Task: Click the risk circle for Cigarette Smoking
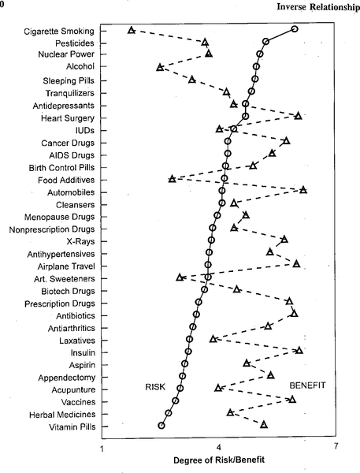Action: pyautogui.click(x=295, y=29)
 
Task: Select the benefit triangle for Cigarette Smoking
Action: pyautogui.click(x=131, y=30)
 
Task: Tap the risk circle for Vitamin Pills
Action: pyautogui.click(x=161, y=426)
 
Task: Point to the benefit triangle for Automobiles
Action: pyautogui.click(x=303, y=190)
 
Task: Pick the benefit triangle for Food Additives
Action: pyautogui.click(x=172, y=179)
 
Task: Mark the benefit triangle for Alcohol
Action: pyautogui.click(x=160, y=67)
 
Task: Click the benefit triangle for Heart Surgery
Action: pyautogui.click(x=299, y=116)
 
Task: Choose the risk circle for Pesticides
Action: pyautogui.click(x=265, y=41)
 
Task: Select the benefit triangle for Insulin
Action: pyautogui.click(x=299, y=350)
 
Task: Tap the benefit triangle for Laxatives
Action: pyautogui.click(x=213, y=339)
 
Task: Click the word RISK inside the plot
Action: pyautogui.click(x=155, y=387)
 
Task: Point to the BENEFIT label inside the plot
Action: pyautogui.click(x=307, y=385)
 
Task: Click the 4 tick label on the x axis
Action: pyautogui.click(x=218, y=446)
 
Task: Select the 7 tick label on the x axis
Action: pyautogui.click(x=336, y=446)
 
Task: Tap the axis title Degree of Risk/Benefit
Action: pyautogui.click(x=219, y=460)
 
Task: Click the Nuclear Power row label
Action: pyautogui.click(x=66, y=54)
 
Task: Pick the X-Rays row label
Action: pyautogui.click(x=80, y=241)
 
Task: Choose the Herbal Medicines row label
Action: pyautogui.click(x=62, y=415)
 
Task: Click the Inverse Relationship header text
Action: pyautogui.click(x=318, y=7)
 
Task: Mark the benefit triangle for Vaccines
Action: pyautogui.click(x=291, y=400)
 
